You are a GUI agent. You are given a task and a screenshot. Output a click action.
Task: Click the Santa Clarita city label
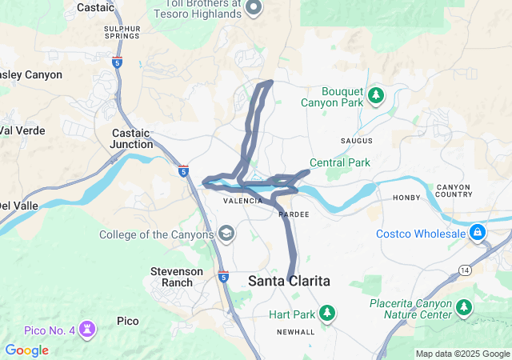pyautogui.click(x=288, y=281)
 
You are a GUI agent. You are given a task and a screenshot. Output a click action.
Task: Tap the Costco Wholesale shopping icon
pyautogui.click(x=478, y=233)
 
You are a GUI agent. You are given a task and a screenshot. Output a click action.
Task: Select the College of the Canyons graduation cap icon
pyautogui.click(x=227, y=234)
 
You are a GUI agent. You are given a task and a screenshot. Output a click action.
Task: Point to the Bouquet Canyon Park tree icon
pyautogui.click(x=377, y=97)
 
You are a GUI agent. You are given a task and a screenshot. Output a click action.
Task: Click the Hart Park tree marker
pyautogui.click(x=326, y=312)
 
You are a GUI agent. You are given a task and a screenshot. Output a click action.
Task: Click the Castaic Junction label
pyautogui.click(x=132, y=138)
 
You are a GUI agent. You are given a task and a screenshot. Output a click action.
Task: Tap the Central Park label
pyautogui.click(x=340, y=162)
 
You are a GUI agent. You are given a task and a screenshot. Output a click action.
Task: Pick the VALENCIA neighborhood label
pyautogui.click(x=242, y=201)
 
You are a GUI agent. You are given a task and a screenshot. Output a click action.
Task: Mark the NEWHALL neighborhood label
pyautogui.click(x=296, y=332)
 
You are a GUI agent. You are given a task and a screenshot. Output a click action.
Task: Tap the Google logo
pyautogui.click(x=26, y=350)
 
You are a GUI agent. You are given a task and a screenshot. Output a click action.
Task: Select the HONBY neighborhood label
pyautogui.click(x=407, y=198)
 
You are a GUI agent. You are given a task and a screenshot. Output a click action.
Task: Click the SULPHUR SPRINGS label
pyautogui.click(x=122, y=33)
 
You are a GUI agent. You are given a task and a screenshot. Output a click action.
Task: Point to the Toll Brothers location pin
pyautogui.click(x=254, y=8)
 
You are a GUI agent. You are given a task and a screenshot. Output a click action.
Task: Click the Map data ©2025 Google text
pyautogui.click(x=462, y=354)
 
